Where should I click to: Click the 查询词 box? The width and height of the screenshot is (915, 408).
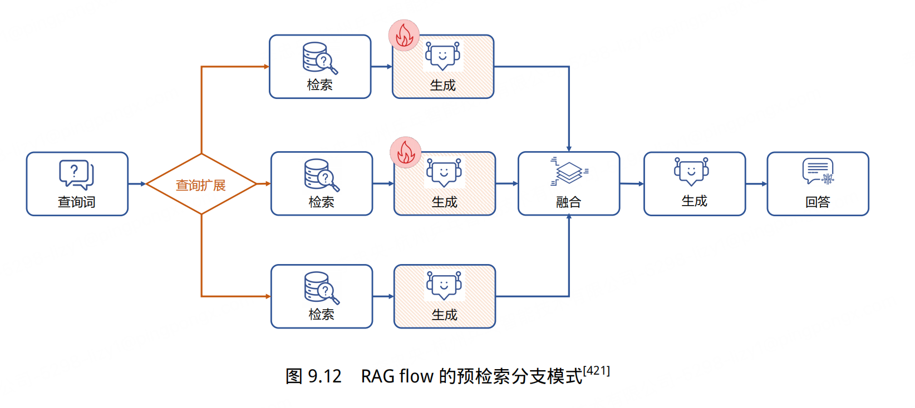click(77, 184)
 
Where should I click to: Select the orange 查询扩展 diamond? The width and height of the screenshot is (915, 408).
click(201, 184)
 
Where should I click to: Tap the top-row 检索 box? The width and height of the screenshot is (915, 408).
click(320, 67)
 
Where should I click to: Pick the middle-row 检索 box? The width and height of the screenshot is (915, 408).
click(322, 183)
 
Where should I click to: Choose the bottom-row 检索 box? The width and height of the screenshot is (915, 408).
click(322, 296)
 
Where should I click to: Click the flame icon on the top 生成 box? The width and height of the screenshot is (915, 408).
click(404, 36)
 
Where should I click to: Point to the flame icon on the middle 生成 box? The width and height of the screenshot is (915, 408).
click(406, 152)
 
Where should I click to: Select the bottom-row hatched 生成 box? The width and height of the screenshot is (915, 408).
click(445, 296)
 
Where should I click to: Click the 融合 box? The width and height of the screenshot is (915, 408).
click(569, 183)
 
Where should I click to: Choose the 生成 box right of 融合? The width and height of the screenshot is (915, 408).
click(695, 183)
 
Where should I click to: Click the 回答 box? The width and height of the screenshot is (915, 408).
click(818, 183)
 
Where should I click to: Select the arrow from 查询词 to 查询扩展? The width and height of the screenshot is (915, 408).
click(137, 183)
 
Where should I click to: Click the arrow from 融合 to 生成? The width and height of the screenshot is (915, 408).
click(632, 183)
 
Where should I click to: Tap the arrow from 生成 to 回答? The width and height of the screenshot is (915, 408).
click(756, 183)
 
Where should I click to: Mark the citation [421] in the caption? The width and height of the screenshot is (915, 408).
click(597, 371)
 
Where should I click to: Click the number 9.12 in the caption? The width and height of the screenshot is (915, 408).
click(324, 376)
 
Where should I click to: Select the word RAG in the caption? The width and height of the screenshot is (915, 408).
click(378, 376)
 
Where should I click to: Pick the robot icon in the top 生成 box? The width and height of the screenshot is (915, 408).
click(442, 56)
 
